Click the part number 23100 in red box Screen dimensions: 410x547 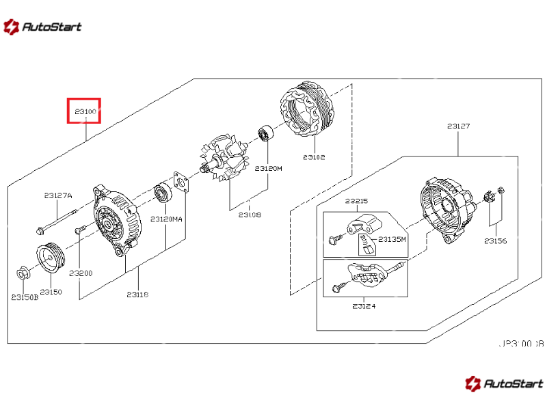(84, 111)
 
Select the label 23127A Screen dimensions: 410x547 (58, 195)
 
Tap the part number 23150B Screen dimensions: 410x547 (25, 297)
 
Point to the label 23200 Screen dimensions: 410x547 (80, 273)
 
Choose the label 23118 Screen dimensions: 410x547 (137, 295)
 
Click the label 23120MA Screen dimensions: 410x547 (167, 219)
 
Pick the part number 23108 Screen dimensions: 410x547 (250, 215)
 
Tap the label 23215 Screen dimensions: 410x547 (356, 201)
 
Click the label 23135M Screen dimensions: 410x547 (392, 239)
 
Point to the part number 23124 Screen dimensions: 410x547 (364, 305)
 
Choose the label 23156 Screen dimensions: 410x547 (495, 241)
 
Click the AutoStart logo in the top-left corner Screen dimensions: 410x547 (42, 27)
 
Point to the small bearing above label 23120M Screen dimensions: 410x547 (265, 134)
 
